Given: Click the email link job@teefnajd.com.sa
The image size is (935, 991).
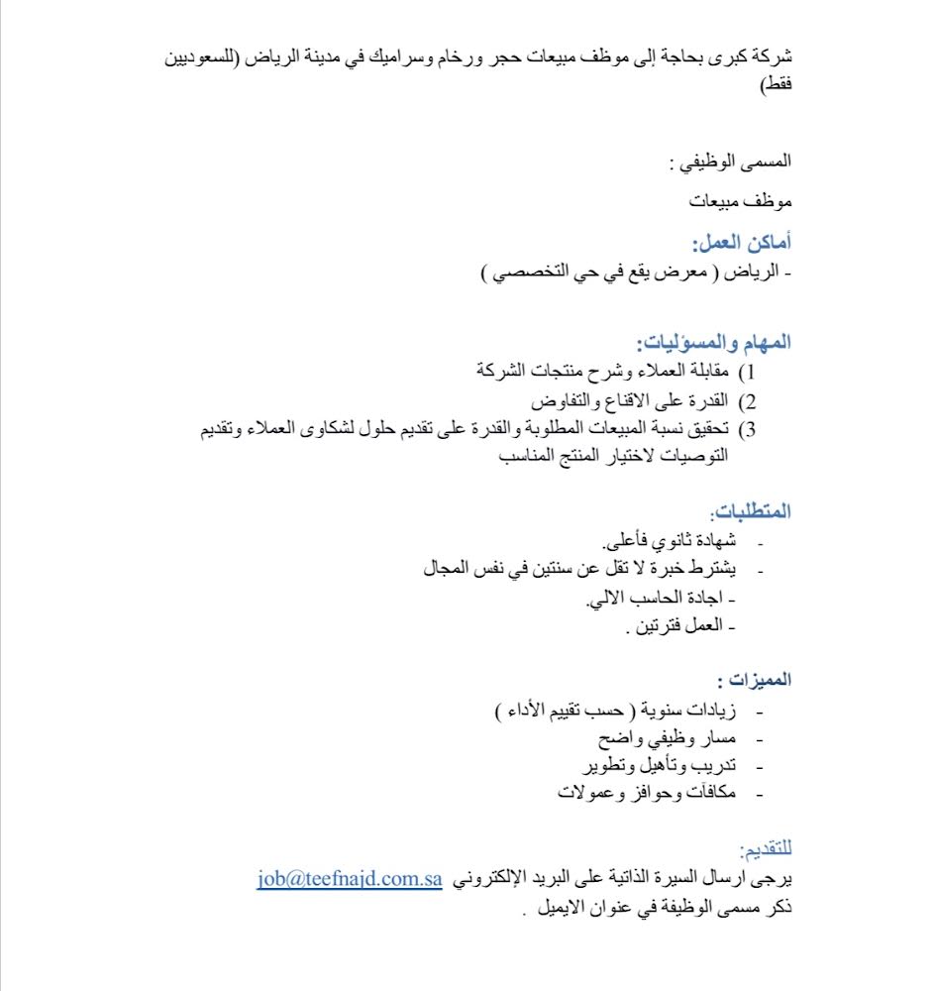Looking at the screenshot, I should [x=349, y=880].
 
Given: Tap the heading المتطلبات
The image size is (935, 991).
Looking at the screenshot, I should [x=751, y=512].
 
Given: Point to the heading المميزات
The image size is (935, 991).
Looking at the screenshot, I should [x=755, y=681].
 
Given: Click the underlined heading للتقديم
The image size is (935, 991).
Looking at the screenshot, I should [x=766, y=850].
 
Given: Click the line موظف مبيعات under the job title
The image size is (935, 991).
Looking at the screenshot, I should [x=742, y=202].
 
